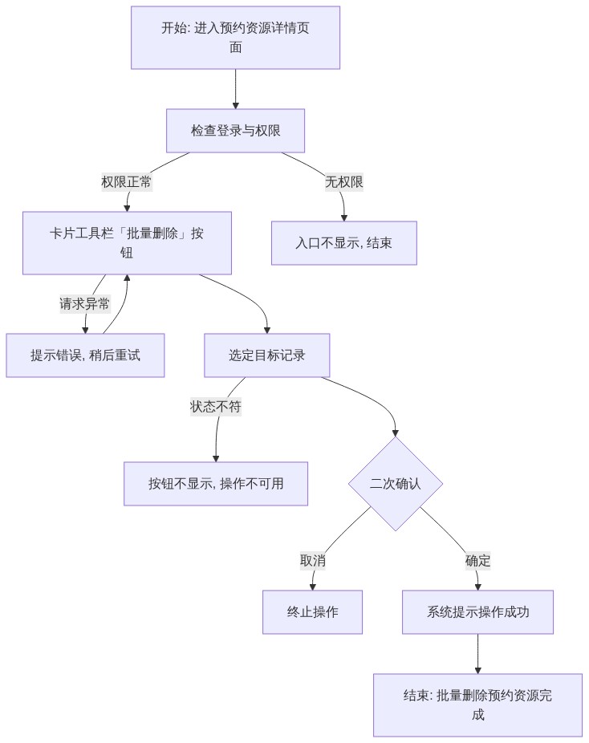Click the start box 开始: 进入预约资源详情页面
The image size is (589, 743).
tap(235, 38)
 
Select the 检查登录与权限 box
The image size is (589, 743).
tap(235, 131)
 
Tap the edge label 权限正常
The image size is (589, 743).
tap(127, 182)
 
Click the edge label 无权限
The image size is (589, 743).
tap(344, 182)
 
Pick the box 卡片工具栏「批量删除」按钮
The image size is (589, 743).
tap(127, 243)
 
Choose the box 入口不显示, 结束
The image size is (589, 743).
tap(344, 243)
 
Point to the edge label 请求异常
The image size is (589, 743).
tap(85, 304)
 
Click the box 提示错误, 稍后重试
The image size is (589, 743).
tap(85, 355)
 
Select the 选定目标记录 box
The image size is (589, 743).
tap(266, 355)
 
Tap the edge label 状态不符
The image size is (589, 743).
tap(216, 407)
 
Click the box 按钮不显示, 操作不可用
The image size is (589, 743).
tap(216, 484)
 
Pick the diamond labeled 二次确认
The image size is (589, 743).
tap(396, 484)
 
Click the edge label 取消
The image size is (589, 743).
tap(313, 561)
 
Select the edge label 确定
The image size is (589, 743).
tap(477, 561)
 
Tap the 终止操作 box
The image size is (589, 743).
tap(313, 612)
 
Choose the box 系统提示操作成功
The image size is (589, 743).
tap(477, 612)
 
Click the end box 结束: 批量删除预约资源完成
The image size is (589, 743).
tap(477, 705)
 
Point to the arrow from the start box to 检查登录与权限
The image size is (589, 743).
tap(235, 89)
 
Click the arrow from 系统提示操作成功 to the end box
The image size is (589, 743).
tap(477, 654)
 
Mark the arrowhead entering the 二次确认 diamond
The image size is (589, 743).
tap(395, 433)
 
